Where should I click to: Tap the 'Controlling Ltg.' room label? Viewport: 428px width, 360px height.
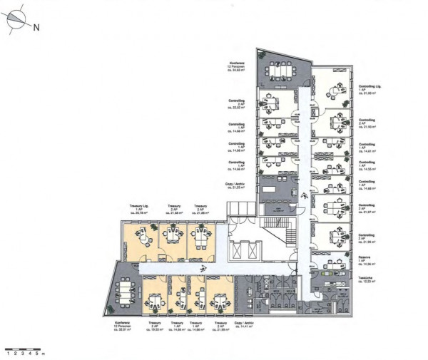(370, 88)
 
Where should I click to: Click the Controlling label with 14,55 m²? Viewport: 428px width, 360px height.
(368, 166)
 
